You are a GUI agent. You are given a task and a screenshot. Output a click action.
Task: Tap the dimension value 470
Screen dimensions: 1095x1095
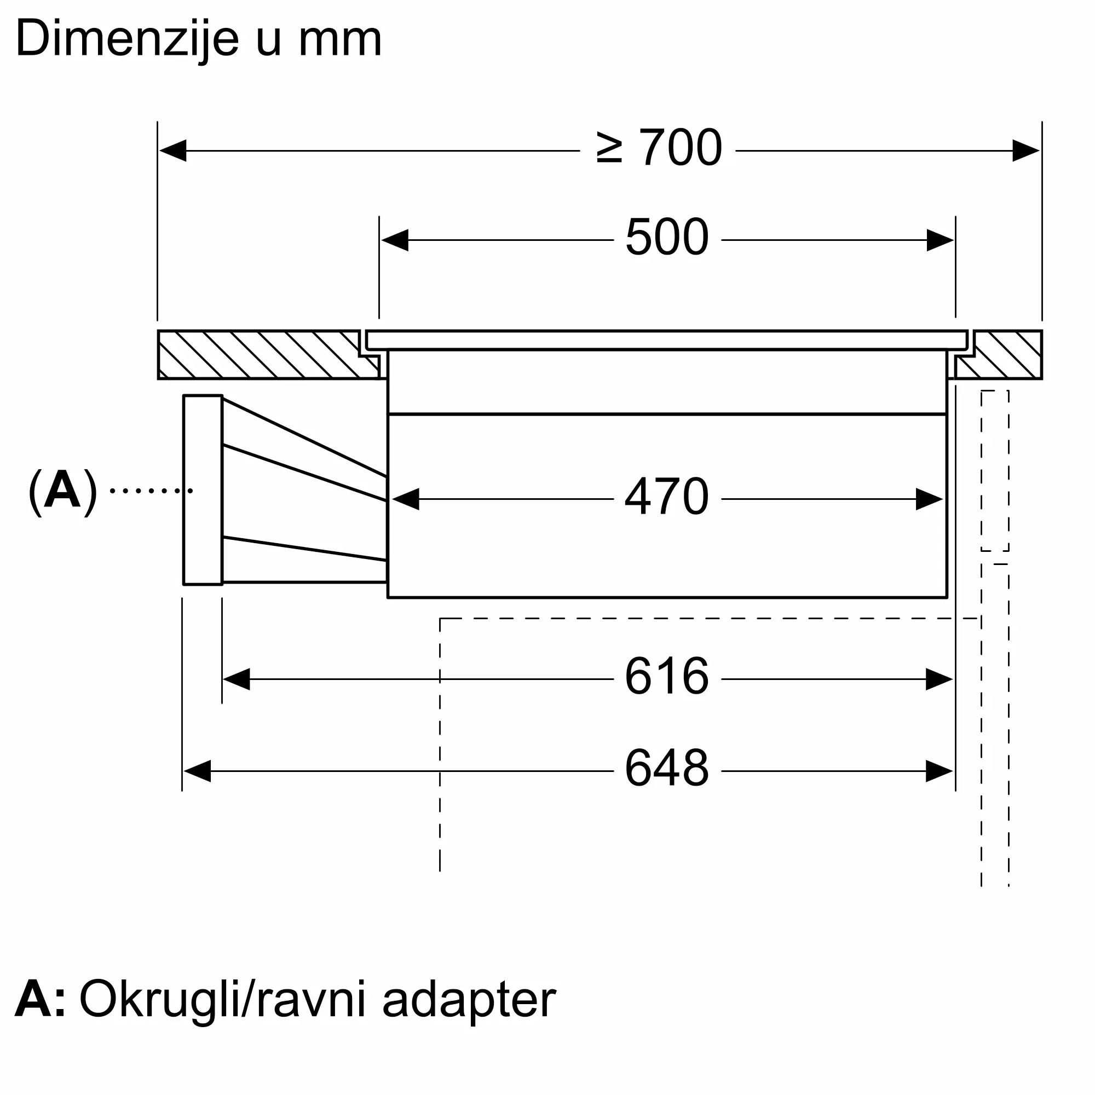click(x=666, y=497)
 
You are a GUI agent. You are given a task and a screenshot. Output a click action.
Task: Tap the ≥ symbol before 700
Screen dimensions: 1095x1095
click(x=609, y=148)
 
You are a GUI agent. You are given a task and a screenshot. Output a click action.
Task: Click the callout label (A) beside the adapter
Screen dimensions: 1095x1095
click(x=62, y=491)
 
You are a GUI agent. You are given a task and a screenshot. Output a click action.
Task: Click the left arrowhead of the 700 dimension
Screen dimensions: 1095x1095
click(x=173, y=151)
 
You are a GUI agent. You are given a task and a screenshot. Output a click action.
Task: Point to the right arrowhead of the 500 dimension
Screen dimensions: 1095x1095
click(x=940, y=240)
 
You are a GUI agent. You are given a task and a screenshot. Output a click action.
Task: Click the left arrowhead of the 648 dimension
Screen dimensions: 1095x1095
click(x=197, y=771)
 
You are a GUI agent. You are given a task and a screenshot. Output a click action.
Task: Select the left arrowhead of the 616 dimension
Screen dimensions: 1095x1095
click(x=237, y=679)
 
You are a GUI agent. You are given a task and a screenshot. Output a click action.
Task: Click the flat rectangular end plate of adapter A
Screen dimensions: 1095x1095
click(x=203, y=489)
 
